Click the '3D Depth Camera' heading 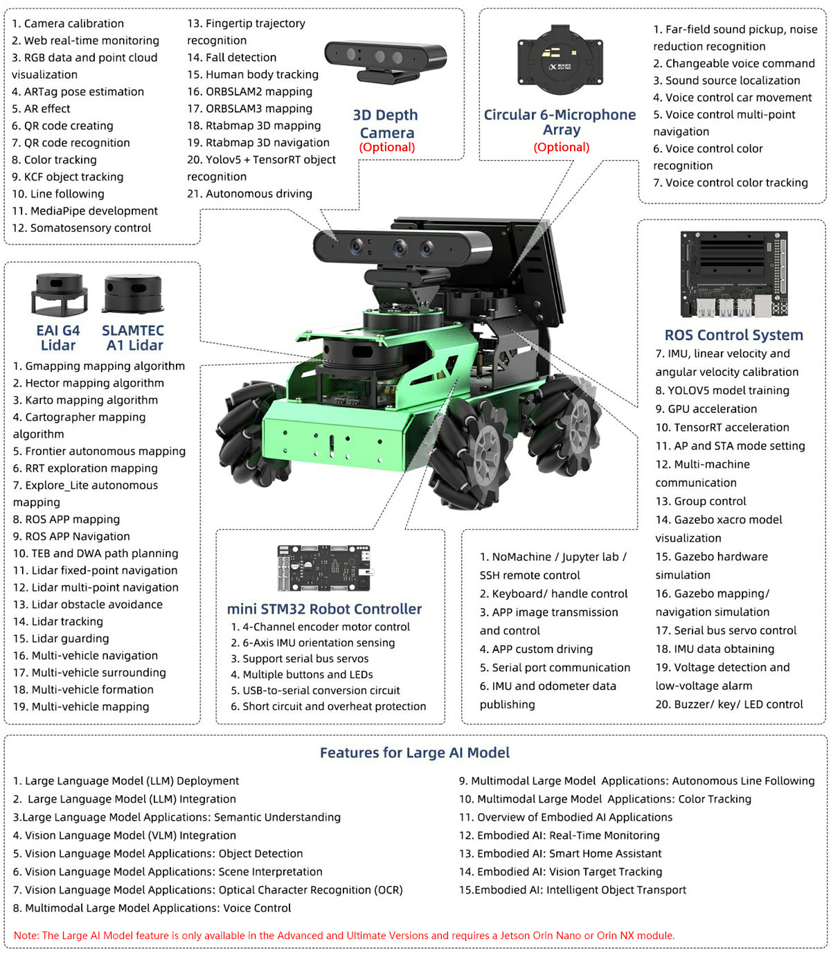pos(386,124)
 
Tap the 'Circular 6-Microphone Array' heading pos(560,122)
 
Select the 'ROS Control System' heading pos(733,335)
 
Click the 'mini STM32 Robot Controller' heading pos(324,609)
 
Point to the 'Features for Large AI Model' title pos(414,753)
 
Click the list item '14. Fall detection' pos(231,57)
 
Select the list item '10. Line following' pos(58,194)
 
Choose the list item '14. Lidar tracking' pos(58,621)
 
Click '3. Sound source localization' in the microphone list pos(726,80)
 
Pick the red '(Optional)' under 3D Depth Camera pos(386,147)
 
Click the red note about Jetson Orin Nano pos(344,935)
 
